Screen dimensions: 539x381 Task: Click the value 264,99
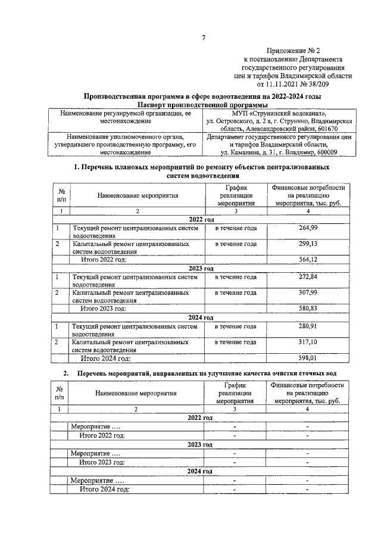point(308,228)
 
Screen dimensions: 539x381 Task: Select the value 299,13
point(308,244)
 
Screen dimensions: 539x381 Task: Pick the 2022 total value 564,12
point(308,260)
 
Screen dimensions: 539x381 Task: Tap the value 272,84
point(308,277)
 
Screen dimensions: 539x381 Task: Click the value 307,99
point(308,292)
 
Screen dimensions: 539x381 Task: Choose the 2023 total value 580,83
point(308,309)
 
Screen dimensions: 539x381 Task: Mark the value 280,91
point(308,326)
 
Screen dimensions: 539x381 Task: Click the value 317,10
point(308,342)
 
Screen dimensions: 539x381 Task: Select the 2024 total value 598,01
point(308,359)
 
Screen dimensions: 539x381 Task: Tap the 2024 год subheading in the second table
point(200,471)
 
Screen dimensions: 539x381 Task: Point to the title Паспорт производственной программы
point(202,105)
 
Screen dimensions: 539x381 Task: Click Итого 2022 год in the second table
point(102,435)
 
